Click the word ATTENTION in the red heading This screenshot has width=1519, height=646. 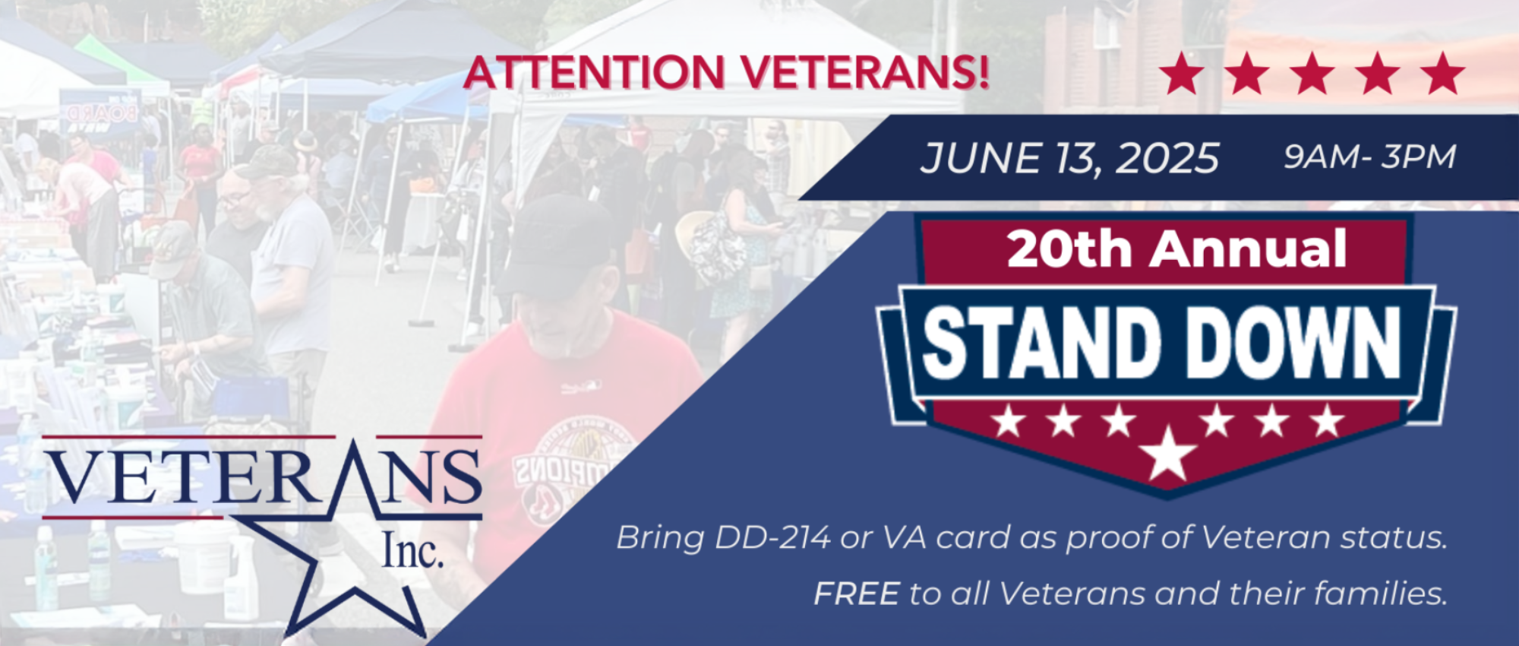pyautogui.click(x=594, y=73)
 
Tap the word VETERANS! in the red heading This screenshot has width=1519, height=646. pyautogui.click(x=865, y=73)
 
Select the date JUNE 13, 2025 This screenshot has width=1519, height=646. pyautogui.click(x=1069, y=159)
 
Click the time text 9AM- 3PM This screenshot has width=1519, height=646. pyautogui.click(x=1369, y=157)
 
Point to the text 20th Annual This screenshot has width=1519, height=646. pyautogui.click(x=1176, y=249)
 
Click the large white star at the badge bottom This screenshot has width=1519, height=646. pyautogui.click(x=1168, y=454)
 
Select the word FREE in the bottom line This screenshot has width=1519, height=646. pyautogui.click(x=856, y=594)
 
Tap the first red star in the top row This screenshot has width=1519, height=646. pyautogui.click(x=1182, y=74)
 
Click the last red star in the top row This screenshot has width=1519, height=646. pyautogui.click(x=1442, y=74)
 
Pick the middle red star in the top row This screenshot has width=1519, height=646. pyautogui.click(x=1312, y=74)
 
